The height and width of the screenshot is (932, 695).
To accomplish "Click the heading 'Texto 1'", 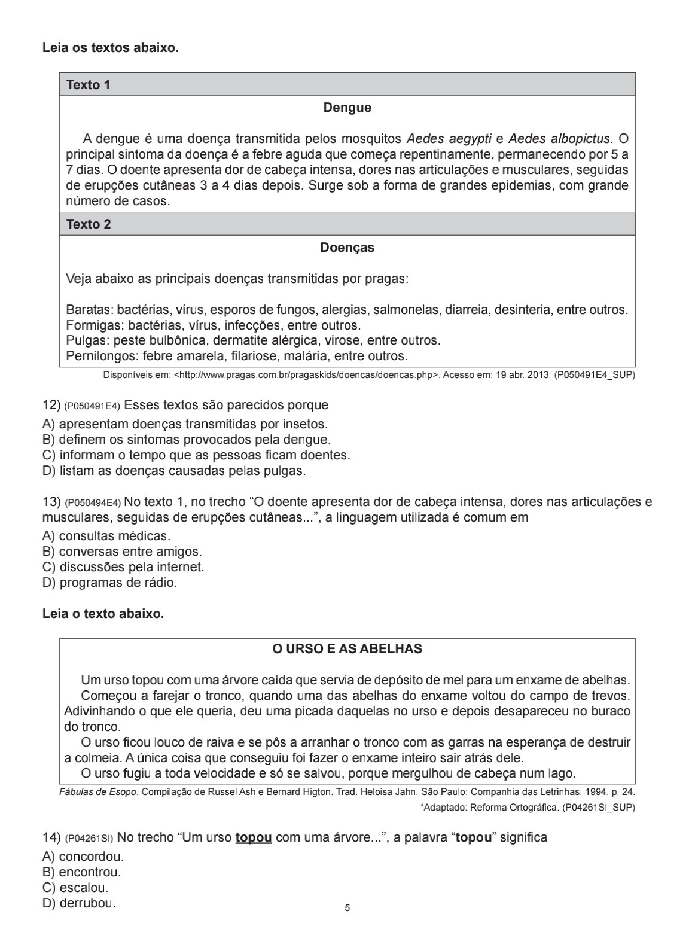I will pyautogui.click(x=88, y=85).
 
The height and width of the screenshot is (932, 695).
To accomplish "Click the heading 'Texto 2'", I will pyautogui.click(x=88, y=224).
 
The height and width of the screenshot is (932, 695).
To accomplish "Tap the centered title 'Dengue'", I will pyautogui.click(x=347, y=108).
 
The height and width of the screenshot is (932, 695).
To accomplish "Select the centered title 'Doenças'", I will pyautogui.click(x=347, y=248).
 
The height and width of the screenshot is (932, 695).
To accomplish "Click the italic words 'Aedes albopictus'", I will pyautogui.click(x=560, y=139).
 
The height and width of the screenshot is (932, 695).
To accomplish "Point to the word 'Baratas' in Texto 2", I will pyautogui.click(x=88, y=310).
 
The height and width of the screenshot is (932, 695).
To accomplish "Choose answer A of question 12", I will pyautogui.click(x=185, y=425).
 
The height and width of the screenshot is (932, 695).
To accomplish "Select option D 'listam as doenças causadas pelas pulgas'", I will pyautogui.click(x=174, y=471).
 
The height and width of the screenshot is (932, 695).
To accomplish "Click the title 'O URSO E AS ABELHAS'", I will pyautogui.click(x=347, y=649).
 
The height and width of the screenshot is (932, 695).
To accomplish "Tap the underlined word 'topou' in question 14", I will pyautogui.click(x=254, y=837).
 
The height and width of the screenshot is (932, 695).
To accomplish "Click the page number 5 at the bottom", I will pyautogui.click(x=347, y=908).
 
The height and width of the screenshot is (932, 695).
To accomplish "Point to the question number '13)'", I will pyautogui.click(x=51, y=502).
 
